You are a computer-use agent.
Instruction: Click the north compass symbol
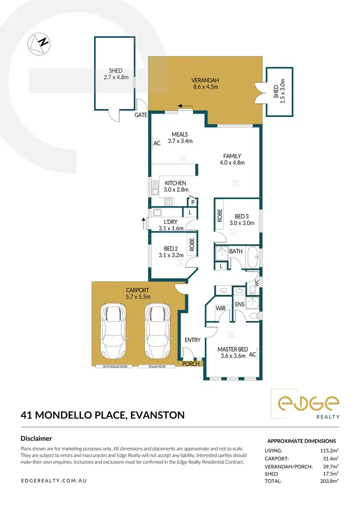[39, 43]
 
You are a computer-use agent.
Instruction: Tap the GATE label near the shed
[141, 116]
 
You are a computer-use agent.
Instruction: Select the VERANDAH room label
[205, 80]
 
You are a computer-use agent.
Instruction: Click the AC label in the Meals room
[156, 143]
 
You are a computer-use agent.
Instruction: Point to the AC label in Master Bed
[253, 355]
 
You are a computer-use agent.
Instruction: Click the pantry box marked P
[192, 202]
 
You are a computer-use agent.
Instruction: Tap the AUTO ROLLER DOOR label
[114, 366]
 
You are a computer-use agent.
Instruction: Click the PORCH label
[192, 364]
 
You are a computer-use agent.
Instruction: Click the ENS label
[240, 305]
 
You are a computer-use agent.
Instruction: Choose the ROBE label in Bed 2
[192, 245]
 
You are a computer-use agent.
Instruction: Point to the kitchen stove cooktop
[168, 201]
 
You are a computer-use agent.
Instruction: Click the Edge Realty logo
[305, 404]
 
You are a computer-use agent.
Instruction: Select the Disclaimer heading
[36, 438]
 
